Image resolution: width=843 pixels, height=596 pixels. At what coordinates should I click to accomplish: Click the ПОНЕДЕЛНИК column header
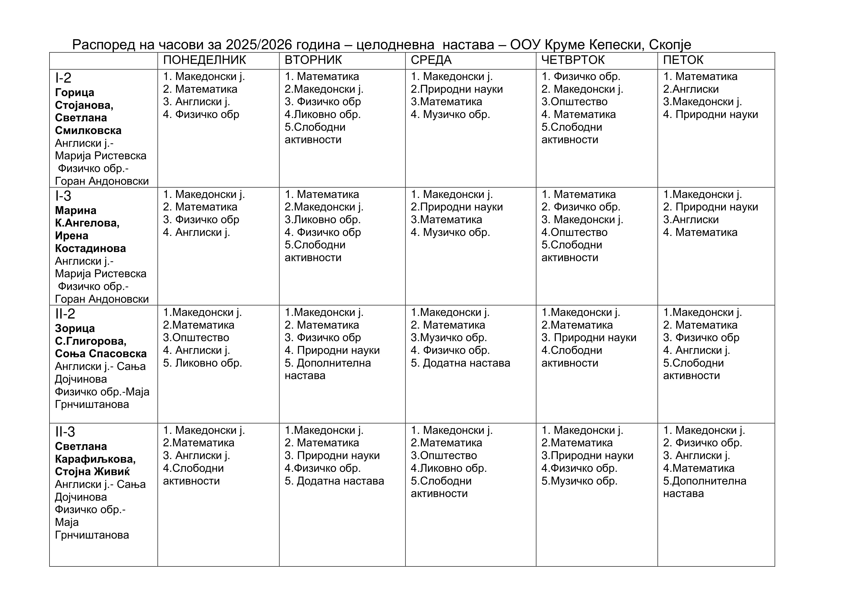204,60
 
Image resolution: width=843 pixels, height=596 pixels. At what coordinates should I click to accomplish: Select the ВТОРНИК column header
313,60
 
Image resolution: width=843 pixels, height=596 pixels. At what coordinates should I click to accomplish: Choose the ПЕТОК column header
683,60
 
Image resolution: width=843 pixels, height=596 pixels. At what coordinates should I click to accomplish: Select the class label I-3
63,196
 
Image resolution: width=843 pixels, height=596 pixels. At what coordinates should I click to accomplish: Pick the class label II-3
65,432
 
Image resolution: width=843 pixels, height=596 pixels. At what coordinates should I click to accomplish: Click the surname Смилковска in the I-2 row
88,130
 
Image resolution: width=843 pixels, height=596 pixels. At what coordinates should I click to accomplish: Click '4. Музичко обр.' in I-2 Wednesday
450,115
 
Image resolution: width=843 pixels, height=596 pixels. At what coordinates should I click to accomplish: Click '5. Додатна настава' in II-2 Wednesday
461,363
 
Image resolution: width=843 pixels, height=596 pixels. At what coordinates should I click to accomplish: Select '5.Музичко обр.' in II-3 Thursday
579,481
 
